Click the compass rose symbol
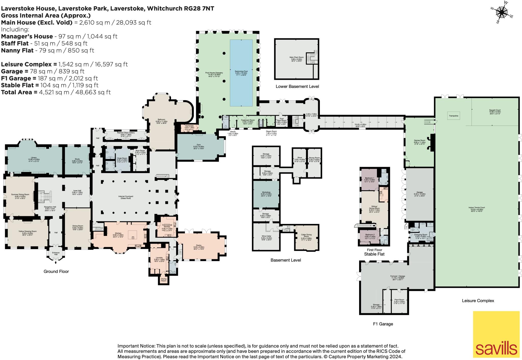502,12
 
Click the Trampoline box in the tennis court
453,116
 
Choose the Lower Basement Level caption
297,86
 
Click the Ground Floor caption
56,271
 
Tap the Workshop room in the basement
266,193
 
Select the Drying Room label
164,279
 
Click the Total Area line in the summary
56,92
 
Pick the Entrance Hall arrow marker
56,259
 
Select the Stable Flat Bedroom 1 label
370,179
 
